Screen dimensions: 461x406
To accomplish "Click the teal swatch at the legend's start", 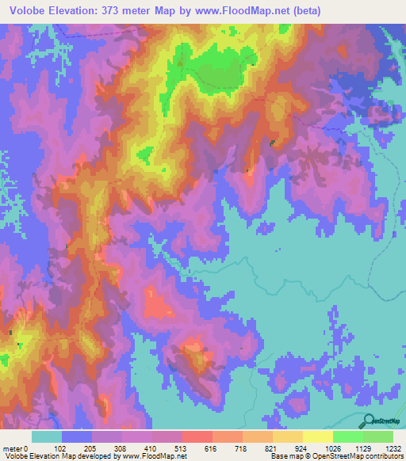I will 46,436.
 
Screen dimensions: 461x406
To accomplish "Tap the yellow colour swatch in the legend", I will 317,436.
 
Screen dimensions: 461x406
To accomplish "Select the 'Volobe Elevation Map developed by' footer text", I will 56,456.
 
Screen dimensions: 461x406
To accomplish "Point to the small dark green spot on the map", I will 272,143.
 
